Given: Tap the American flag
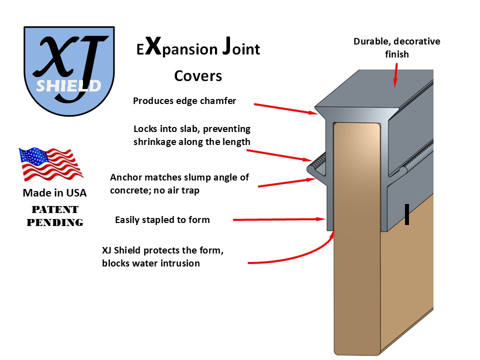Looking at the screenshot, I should point(50,164).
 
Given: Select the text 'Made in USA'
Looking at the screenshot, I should point(54,193).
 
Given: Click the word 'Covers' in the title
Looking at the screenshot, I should point(198,76).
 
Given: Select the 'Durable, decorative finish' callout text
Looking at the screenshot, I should point(396,47).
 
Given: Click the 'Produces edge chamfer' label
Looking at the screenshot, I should point(184,101).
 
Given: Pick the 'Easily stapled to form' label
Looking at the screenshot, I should point(162,219).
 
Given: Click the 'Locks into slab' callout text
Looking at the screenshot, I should point(192,135).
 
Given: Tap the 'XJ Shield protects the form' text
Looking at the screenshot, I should point(162,257).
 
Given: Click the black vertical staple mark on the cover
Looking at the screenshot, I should point(407,214).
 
